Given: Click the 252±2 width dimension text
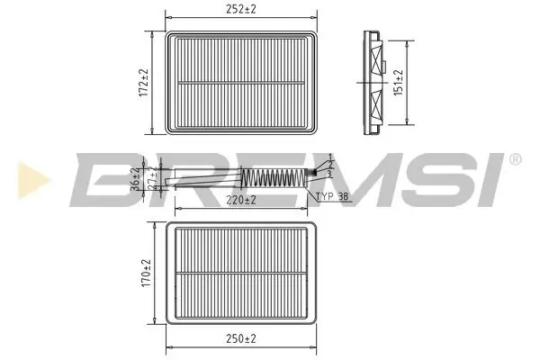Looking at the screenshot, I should pyautogui.click(x=241, y=10).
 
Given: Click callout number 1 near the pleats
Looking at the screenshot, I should pyautogui.click(x=331, y=158).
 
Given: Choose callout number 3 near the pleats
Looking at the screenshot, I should pyautogui.click(x=330, y=174).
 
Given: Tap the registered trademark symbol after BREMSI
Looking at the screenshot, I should pyautogui.click(x=514, y=158).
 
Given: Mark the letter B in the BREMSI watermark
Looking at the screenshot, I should pyautogui.click(x=99, y=180).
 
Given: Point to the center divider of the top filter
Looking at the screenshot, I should pyautogui.click(x=241, y=83).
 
